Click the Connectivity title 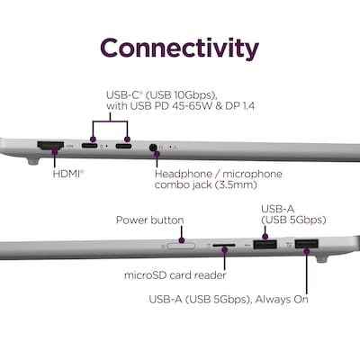coord(179,49)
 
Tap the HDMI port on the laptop coord(50,146)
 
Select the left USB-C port coord(89,146)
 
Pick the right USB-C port coord(123,147)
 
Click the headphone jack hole coord(153,148)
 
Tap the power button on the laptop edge coord(181,246)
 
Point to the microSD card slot coord(224,245)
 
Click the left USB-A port coord(265,244)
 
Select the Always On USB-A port coord(307,243)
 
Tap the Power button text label coord(149,220)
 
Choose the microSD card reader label coord(175,274)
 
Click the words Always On coord(282,299)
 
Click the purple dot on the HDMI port coord(55,152)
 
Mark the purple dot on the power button coord(182,240)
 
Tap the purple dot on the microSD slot coord(224,249)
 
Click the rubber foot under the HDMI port coord(33,161)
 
